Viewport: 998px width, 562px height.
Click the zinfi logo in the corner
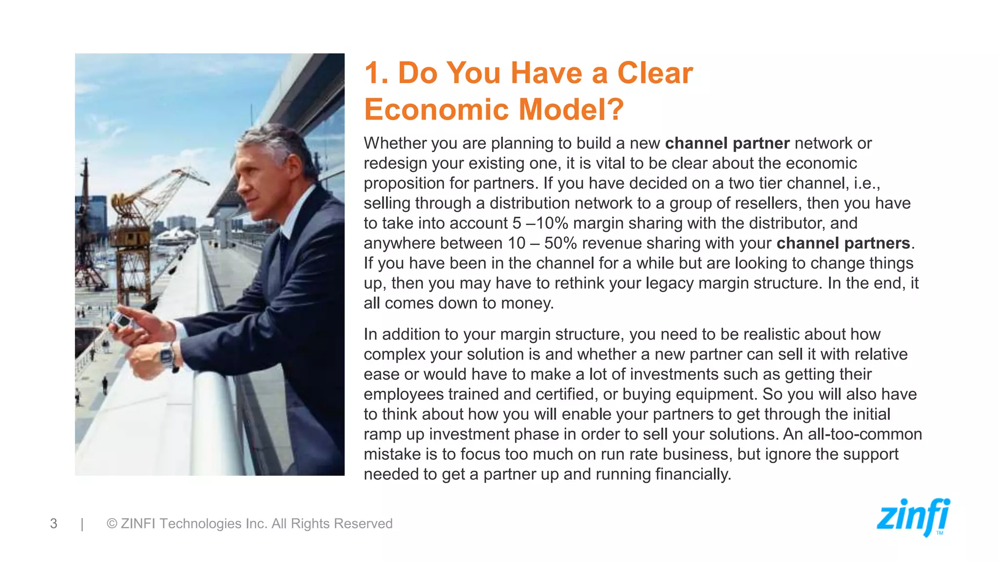pos(913,517)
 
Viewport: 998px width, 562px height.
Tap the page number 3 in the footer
pos(54,523)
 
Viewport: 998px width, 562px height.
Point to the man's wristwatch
pos(167,355)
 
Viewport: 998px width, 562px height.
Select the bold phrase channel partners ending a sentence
pos(843,243)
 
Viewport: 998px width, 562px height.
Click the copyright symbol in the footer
pos(112,523)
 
